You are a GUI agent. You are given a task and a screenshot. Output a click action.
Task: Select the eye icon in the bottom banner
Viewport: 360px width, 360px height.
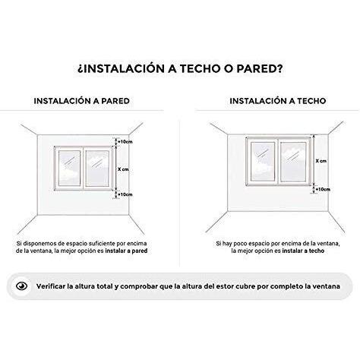pos(23,287)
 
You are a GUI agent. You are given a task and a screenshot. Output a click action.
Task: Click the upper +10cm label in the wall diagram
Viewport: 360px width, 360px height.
pos(125,141)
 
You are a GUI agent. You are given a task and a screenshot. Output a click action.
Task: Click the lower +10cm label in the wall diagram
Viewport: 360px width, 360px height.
pos(125,194)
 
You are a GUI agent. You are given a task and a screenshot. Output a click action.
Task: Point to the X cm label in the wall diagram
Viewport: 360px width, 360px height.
pos(125,169)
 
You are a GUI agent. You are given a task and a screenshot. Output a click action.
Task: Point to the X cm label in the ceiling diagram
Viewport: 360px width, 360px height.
pos(321,161)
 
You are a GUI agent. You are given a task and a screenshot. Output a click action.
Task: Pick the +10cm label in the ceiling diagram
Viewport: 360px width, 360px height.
pos(321,188)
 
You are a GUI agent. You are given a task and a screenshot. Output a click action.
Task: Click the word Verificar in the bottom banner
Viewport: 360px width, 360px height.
pos(51,287)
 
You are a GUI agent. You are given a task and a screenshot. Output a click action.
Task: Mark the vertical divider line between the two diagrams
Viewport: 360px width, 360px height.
pos(180,182)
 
